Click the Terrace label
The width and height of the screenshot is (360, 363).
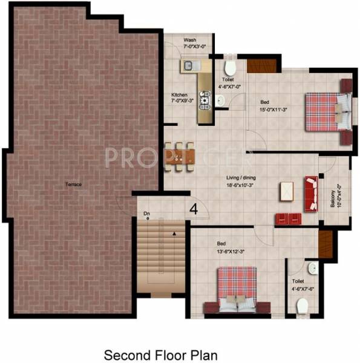click(74, 184)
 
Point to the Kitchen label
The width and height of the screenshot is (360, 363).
click(180, 95)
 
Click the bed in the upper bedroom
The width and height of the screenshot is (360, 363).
click(327, 111)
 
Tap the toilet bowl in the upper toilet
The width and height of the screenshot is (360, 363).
click(229, 67)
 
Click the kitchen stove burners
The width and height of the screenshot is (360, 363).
click(204, 98)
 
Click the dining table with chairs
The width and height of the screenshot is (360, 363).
click(180, 154)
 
